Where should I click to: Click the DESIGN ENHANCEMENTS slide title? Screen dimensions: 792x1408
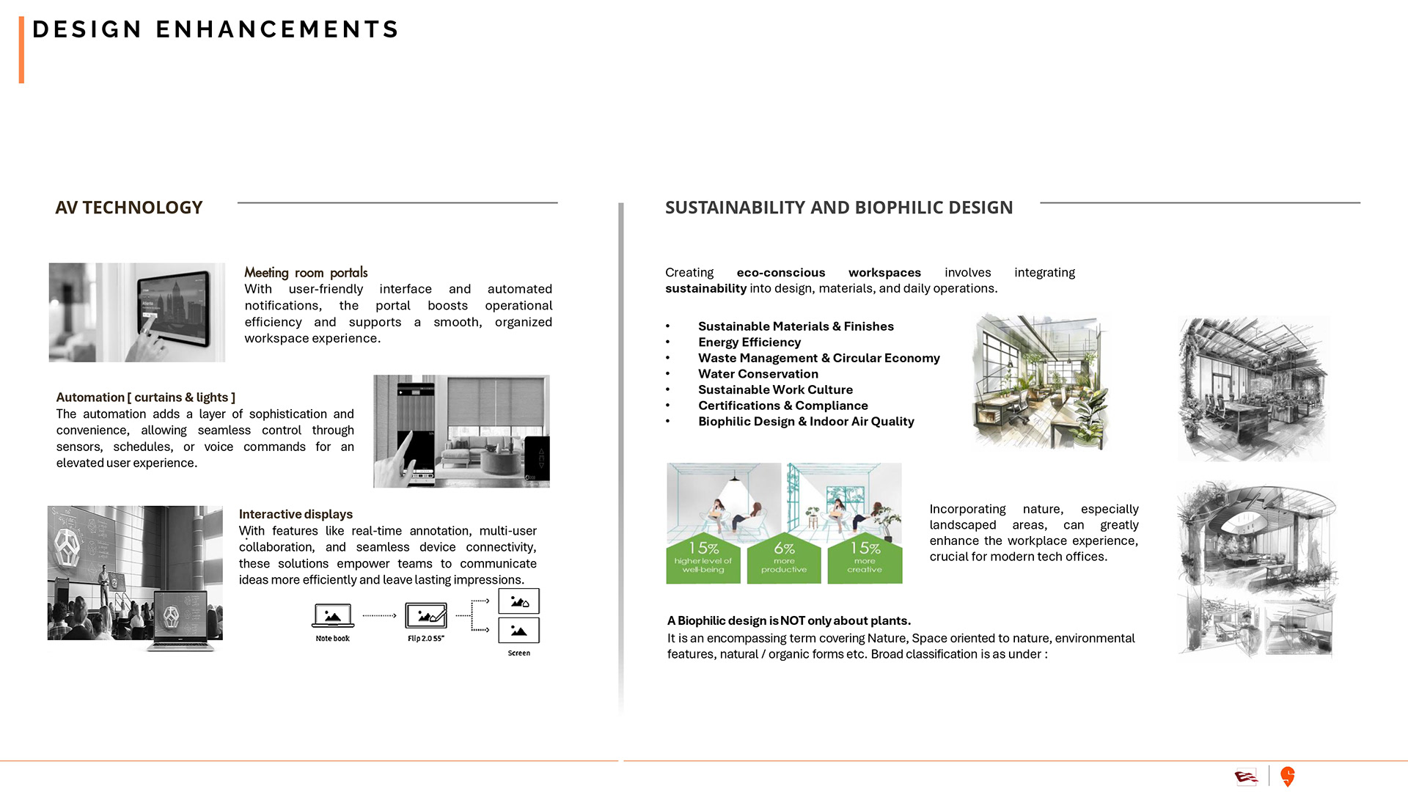[216, 29]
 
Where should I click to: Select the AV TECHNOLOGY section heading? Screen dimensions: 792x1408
[129, 208]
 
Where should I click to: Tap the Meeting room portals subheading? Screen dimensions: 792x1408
[306, 272]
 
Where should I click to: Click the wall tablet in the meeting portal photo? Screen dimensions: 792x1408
[173, 307]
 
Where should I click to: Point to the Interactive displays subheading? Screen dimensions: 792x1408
[296, 514]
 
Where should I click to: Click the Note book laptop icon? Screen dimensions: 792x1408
[333, 615]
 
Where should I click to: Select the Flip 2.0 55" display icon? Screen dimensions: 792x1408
[426, 616]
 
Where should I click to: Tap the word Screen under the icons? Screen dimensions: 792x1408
[518, 653]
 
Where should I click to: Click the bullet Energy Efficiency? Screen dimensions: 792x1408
[749, 342]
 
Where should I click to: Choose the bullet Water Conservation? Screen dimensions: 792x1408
[758, 373]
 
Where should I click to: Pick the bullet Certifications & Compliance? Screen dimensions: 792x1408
[782, 406]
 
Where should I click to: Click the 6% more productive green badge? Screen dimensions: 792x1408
[784, 558]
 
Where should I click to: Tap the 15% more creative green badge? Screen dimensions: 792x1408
[865, 558]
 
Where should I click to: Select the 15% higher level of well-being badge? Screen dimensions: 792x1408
[703, 558]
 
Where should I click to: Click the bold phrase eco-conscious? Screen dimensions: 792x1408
[780, 272]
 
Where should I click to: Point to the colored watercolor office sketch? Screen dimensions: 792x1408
[1040, 381]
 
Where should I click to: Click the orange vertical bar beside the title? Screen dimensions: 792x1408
[22, 50]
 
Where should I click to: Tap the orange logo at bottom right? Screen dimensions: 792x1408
[1287, 776]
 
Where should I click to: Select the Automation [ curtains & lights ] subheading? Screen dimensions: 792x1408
[145, 397]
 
